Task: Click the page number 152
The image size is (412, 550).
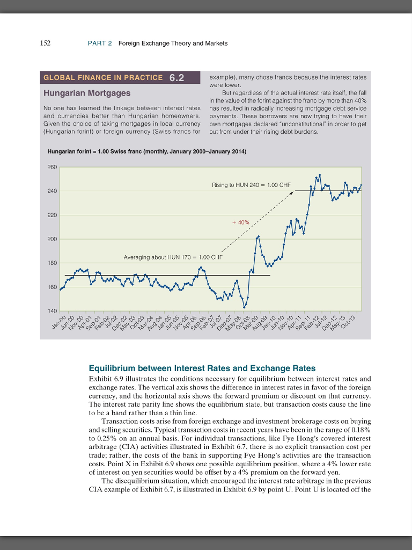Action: tap(45, 43)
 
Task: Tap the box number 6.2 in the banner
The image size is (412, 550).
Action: tap(176, 77)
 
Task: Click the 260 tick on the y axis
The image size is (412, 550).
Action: tap(51, 168)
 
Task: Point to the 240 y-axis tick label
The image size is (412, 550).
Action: tap(51, 191)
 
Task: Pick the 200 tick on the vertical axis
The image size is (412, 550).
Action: tap(51, 239)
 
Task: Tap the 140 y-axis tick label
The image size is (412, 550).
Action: tap(51, 312)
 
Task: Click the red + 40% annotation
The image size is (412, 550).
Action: tap(241, 222)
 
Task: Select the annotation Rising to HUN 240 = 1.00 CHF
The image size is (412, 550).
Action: tap(251, 185)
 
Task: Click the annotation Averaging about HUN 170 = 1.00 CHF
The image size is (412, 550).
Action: tap(173, 257)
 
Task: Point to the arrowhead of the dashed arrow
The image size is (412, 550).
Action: tap(293, 192)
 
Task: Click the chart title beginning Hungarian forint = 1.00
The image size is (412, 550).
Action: tap(146, 152)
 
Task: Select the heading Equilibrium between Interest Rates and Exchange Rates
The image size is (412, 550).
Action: tap(202, 368)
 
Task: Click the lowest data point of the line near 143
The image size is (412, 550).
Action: tap(245, 307)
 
